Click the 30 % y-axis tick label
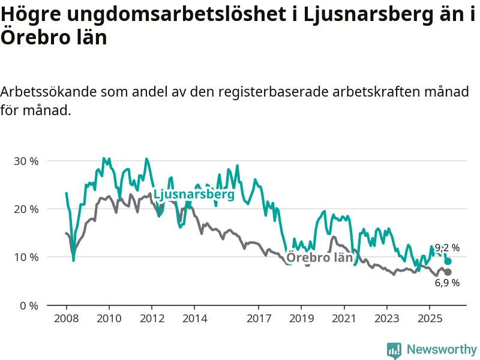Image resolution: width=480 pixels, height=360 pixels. pos(26,161)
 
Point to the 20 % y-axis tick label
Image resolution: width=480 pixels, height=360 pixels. pos(26,209)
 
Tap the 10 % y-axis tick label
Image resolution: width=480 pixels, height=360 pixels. pos(26,257)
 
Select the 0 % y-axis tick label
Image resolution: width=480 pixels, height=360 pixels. pos(29,305)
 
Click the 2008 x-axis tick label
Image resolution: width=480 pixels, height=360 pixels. pos(66,317)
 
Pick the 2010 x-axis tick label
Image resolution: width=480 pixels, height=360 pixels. pos(109,317)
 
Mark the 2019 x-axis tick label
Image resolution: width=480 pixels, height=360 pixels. pos(301,317)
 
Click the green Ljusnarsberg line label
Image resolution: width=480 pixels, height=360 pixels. pos(194,195)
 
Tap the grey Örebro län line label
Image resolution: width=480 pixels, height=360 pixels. pos(319,258)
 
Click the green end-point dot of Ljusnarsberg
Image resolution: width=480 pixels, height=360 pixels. pos(448,261)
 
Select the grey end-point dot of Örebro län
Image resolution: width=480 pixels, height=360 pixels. pos(448,272)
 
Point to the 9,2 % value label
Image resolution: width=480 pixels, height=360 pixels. pos(447,247)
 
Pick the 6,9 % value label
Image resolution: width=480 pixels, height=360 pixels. pos(447,283)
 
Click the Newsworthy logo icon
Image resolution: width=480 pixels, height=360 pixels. pos(394,349)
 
